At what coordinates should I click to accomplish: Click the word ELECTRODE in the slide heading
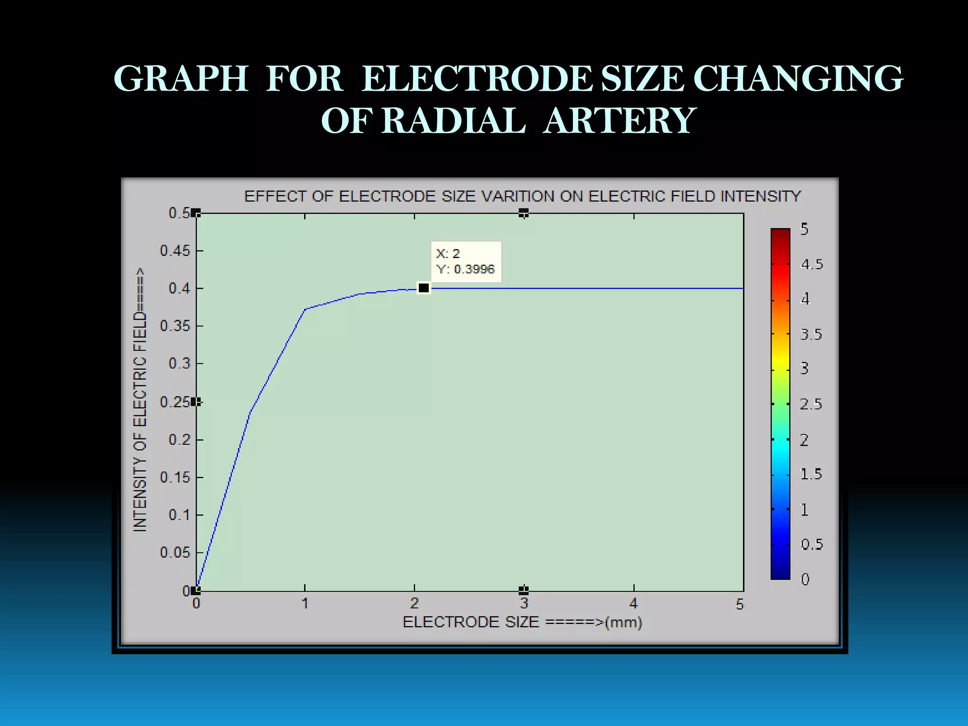click(x=477, y=78)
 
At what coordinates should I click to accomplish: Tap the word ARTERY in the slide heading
click(x=619, y=121)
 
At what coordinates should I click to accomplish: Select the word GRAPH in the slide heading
click(x=181, y=78)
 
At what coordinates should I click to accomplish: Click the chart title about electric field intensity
click(x=522, y=196)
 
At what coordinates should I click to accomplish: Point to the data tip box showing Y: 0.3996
click(x=466, y=261)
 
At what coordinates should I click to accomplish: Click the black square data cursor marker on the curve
click(x=423, y=288)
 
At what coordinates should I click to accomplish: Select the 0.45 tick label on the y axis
click(x=175, y=251)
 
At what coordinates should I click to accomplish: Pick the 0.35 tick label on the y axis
click(x=175, y=326)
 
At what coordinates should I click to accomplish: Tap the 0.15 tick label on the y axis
click(x=175, y=477)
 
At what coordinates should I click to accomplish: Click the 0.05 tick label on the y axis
click(x=175, y=553)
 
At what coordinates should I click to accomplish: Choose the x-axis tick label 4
click(x=633, y=604)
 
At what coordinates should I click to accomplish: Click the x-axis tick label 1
click(x=305, y=604)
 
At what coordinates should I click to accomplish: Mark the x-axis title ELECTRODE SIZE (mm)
click(x=522, y=622)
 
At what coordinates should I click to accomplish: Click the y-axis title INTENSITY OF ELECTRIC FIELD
click(x=140, y=400)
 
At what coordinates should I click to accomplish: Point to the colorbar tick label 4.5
click(x=812, y=264)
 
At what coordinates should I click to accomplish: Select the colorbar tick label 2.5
click(x=811, y=404)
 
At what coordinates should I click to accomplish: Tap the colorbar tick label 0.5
click(x=812, y=544)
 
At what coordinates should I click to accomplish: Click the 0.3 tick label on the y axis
click(x=179, y=363)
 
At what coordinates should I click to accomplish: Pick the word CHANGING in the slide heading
click(x=798, y=78)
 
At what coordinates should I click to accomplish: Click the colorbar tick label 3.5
click(x=811, y=335)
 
